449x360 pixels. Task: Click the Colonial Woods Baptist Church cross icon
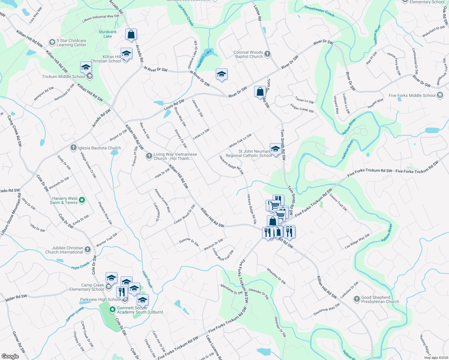tap(267, 54)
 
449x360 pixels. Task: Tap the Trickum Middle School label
tap(63, 76)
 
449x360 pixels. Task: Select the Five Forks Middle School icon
tap(440, 95)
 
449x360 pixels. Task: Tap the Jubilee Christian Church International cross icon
tap(88, 249)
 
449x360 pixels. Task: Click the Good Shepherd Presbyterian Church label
tap(380, 299)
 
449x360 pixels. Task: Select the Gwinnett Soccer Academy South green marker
tap(113, 309)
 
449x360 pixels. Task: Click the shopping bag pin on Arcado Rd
tap(131, 34)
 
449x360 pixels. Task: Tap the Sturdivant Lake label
tap(107, 34)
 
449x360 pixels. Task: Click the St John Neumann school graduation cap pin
tap(275, 148)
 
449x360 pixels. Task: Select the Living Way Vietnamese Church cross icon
tap(149, 156)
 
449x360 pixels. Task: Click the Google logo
tap(10, 356)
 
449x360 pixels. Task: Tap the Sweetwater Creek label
tap(319, 11)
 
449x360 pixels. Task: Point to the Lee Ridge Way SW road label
tap(357, 241)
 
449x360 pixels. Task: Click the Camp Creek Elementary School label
tap(86, 287)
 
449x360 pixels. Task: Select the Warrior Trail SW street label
tap(107, 240)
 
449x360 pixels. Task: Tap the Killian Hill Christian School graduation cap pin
tap(126, 54)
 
